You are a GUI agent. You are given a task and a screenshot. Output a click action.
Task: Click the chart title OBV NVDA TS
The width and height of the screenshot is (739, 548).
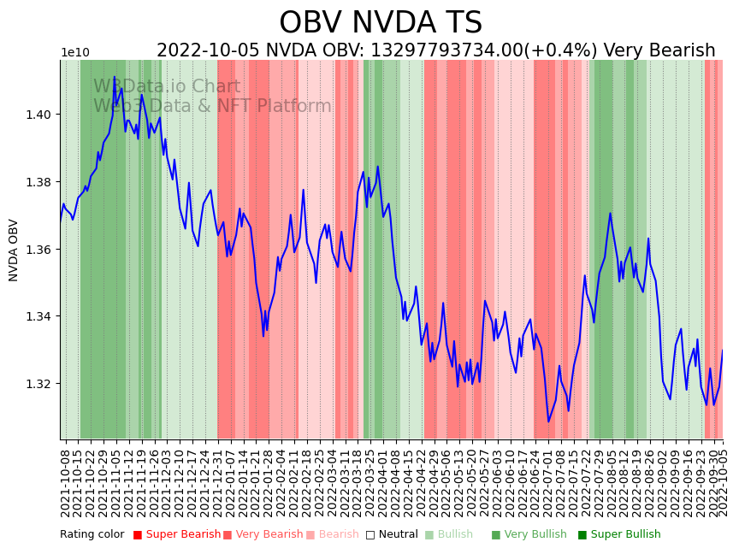(381, 23)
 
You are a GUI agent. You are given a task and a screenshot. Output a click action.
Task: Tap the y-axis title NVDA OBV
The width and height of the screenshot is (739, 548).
(14, 250)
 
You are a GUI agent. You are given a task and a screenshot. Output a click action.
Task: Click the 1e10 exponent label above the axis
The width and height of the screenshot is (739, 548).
(75, 53)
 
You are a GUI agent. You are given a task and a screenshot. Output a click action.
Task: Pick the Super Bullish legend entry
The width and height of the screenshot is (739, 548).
(619, 534)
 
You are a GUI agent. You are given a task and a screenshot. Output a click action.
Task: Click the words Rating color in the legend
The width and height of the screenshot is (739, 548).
(92, 534)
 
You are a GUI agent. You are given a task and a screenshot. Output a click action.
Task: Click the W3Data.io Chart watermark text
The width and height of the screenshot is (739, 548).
(167, 87)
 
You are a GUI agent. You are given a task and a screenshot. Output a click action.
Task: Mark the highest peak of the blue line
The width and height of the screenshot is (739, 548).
(114, 77)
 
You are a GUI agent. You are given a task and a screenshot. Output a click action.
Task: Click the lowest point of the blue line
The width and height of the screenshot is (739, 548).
(548, 421)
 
